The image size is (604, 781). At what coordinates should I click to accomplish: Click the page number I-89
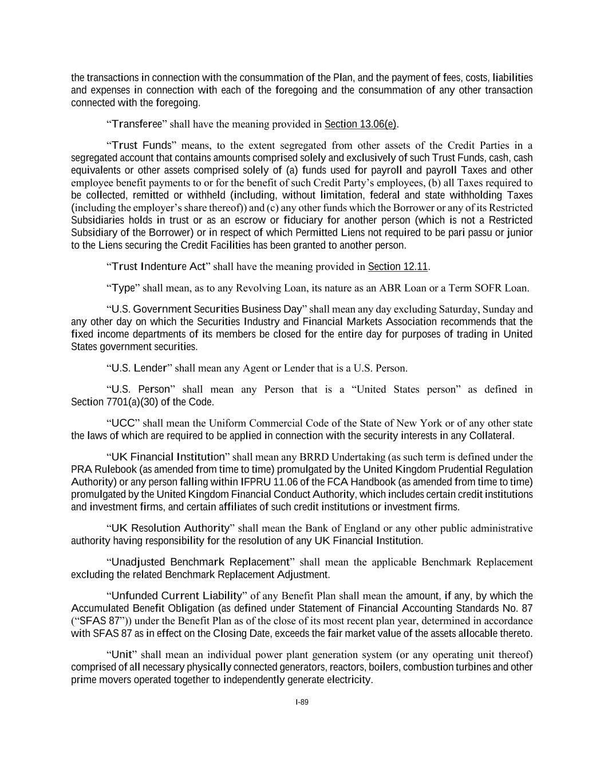pyautogui.click(x=302, y=702)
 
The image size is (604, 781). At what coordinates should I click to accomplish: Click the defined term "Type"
pyautogui.click(x=123, y=288)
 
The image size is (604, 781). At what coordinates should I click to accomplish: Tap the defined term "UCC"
pyautogui.click(x=123, y=423)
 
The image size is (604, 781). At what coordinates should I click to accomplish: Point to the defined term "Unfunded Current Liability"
pyautogui.click(x=178, y=596)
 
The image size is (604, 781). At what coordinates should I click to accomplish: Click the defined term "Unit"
pyautogui.click(x=122, y=655)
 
